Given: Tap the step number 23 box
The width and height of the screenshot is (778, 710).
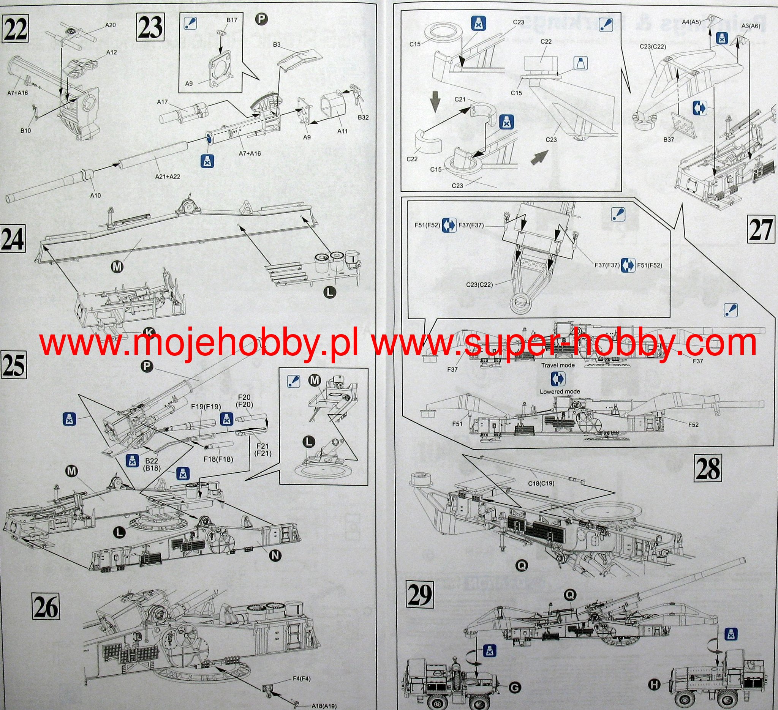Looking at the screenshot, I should (x=150, y=27).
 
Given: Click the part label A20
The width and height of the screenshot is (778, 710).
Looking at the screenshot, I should (x=111, y=25).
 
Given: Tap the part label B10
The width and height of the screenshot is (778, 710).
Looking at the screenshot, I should (x=25, y=131).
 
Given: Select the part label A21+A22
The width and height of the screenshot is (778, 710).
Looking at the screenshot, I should (x=168, y=177).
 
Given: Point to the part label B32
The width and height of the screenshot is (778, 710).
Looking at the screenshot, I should (x=363, y=117).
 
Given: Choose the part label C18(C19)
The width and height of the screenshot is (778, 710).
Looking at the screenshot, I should (x=541, y=483).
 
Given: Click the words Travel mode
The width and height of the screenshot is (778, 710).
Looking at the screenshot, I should (x=558, y=365).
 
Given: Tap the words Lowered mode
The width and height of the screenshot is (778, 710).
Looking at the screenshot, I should (x=560, y=391).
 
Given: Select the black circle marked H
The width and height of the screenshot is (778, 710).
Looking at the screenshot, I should (x=653, y=685).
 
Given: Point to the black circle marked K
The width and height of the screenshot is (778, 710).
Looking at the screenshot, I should (x=148, y=332).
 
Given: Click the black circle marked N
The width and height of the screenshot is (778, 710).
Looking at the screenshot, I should (x=275, y=555).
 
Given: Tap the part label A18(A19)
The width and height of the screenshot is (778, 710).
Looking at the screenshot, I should (x=324, y=707).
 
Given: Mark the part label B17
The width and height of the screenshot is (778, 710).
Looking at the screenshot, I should (x=232, y=20).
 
